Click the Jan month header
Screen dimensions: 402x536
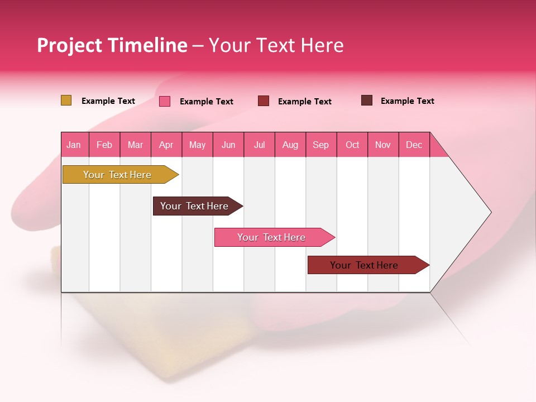click(x=74, y=145)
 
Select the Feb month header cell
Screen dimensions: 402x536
click(x=104, y=145)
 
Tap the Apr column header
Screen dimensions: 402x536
click(x=166, y=145)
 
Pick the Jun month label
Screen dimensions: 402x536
click(x=228, y=145)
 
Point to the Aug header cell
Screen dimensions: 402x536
click(x=290, y=145)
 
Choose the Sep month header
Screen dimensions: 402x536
click(x=321, y=145)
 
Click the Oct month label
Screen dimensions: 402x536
click(x=352, y=145)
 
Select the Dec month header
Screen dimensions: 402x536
click(x=414, y=145)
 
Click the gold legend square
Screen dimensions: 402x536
click(x=66, y=100)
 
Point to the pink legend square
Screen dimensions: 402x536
click(x=165, y=101)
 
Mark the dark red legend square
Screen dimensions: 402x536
click(x=264, y=101)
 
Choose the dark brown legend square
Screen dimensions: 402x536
click(x=367, y=100)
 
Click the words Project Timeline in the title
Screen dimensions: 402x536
click(x=112, y=45)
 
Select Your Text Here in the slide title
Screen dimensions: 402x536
click(x=276, y=45)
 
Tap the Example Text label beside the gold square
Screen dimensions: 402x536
click(x=108, y=101)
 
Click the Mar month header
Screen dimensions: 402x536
click(x=135, y=145)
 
